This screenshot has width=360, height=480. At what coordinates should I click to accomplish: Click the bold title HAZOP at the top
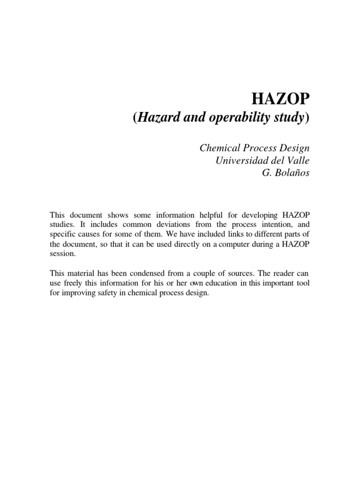(282, 99)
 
